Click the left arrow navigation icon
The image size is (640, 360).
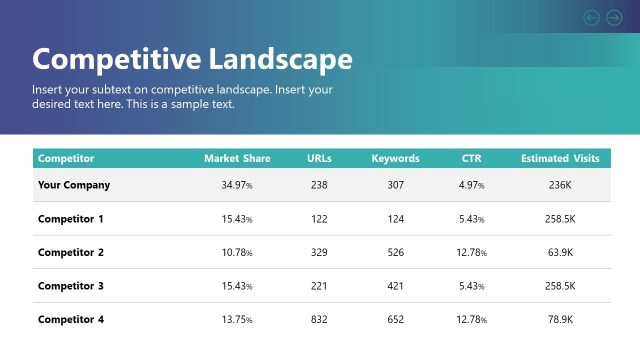pyautogui.click(x=591, y=17)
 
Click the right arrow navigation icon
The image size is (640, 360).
pyautogui.click(x=614, y=17)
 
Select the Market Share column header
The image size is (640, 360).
pyautogui.click(x=237, y=158)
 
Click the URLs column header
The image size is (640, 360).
pyautogui.click(x=319, y=158)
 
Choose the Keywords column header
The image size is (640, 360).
pyautogui.click(x=395, y=158)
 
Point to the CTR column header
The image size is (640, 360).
pyautogui.click(x=471, y=158)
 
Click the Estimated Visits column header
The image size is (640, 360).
pyautogui.click(x=560, y=158)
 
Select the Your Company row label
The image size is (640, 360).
pyautogui.click(x=74, y=185)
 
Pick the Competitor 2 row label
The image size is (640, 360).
pyautogui.click(x=71, y=252)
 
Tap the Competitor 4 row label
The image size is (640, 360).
pyautogui.click(x=71, y=319)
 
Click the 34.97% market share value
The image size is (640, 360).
pyautogui.click(x=237, y=185)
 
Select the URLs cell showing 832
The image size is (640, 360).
pyautogui.click(x=319, y=319)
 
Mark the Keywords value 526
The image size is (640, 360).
pyautogui.click(x=395, y=252)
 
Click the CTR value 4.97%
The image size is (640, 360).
pyautogui.click(x=471, y=185)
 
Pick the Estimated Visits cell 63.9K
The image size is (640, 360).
pyautogui.click(x=560, y=252)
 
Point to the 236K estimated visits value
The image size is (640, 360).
pyautogui.click(x=560, y=185)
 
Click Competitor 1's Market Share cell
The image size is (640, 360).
pyautogui.click(x=237, y=219)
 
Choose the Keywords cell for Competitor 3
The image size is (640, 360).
pyautogui.click(x=395, y=286)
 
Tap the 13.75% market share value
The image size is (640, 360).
pyautogui.click(x=237, y=319)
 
